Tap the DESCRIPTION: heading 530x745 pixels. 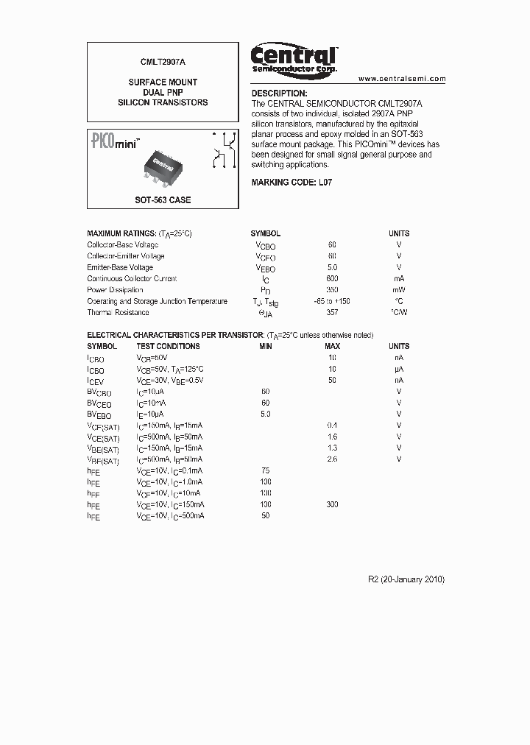279,93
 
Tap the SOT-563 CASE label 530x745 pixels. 163,200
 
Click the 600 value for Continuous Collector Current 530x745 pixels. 332,278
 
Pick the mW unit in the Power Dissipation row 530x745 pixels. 399,290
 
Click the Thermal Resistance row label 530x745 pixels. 118,313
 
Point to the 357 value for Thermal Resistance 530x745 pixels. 332,313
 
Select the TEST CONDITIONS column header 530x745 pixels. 168,346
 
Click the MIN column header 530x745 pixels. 266,346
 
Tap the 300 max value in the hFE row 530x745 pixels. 332,504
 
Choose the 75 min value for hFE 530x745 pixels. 266,470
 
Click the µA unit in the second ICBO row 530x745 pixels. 399,369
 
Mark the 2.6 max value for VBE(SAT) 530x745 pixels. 332,459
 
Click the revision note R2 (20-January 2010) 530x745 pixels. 406,579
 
